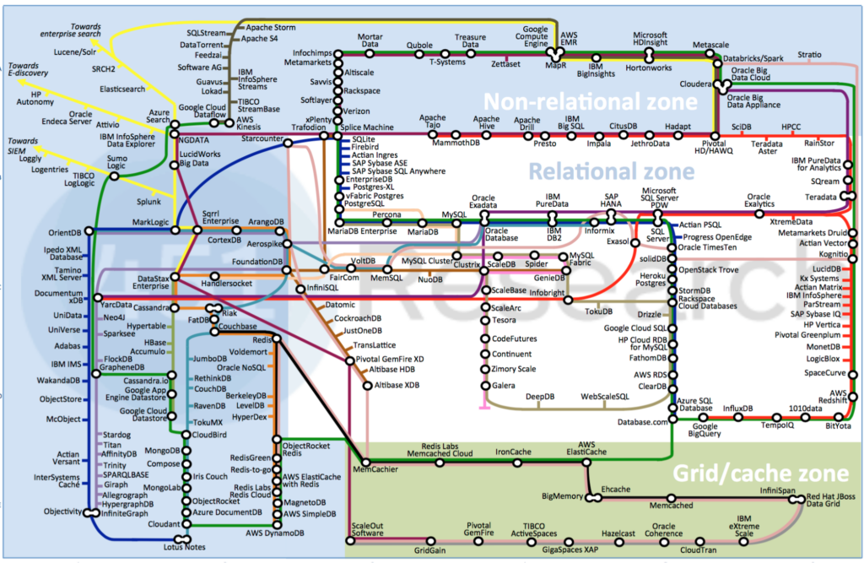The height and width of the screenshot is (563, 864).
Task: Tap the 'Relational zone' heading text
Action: click(x=611, y=172)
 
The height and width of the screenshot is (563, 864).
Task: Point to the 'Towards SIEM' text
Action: click(x=23, y=146)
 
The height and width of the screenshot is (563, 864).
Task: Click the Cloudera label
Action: click(x=697, y=84)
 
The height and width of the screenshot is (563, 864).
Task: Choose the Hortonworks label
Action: click(x=648, y=67)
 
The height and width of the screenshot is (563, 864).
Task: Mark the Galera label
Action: click(x=505, y=386)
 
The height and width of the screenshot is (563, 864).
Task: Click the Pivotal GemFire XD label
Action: click(x=391, y=360)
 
